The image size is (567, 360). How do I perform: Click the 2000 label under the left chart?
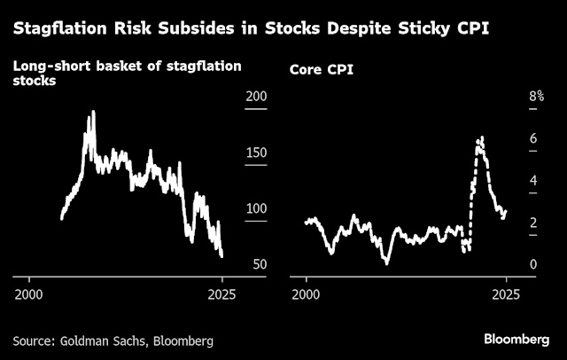pos(29,293)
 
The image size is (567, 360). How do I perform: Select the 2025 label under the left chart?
pos(222,293)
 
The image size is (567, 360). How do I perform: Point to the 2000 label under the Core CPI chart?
pos(307,293)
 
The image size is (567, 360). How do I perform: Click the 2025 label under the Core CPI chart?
pos(506,293)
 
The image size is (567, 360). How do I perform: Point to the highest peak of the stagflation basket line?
pos(92,113)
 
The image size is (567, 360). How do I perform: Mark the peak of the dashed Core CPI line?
pos(481,137)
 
